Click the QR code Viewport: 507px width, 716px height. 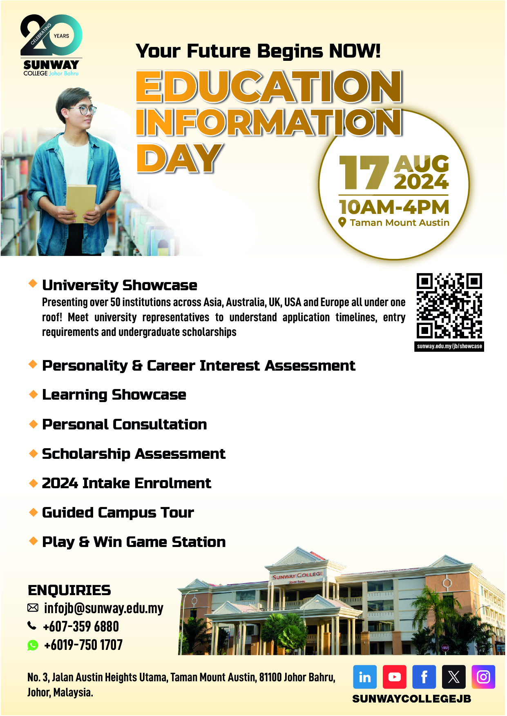449,306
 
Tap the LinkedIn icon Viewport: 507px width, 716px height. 365,677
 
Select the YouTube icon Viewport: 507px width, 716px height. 394,677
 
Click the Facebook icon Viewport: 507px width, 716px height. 424,677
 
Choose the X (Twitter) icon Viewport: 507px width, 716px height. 453,677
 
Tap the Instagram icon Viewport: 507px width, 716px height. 483,677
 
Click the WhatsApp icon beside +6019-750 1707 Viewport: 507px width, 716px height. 33,645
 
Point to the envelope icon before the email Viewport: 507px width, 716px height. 33,608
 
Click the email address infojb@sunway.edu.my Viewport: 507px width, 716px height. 103,608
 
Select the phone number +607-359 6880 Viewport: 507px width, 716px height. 81,627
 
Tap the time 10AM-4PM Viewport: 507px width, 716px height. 394,207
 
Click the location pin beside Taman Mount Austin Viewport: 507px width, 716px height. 342,222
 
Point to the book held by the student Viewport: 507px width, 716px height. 81,203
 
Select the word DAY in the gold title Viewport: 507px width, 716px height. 179,158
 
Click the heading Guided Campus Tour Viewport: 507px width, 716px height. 118,513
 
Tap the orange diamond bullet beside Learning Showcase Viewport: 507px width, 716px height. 33,394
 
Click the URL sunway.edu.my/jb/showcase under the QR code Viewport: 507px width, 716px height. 449,346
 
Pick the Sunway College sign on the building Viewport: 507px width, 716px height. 297,576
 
